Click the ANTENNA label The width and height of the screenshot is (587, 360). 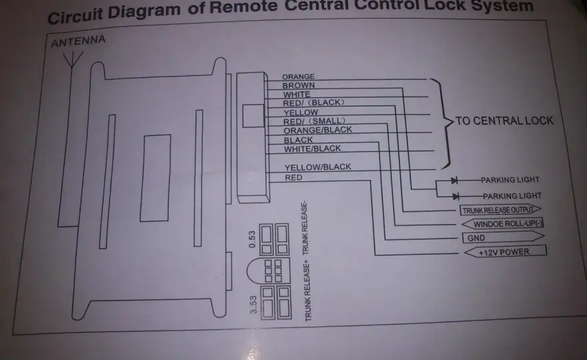coord(78,41)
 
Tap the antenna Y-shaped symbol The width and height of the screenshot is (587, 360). coord(72,60)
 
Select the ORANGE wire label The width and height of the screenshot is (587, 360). coord(298,77)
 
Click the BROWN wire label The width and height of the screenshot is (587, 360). coord(298,85)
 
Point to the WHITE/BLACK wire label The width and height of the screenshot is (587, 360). coord(312,149)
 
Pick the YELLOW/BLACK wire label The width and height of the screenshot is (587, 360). coord(318,167)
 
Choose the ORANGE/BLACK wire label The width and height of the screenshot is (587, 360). coord(318,130)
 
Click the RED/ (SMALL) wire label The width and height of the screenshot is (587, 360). coord(314,121)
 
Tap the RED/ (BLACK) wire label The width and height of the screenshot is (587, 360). coord(314,103)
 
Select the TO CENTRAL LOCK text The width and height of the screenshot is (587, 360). coord(504,121)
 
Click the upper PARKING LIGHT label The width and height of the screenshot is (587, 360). coord(510,180)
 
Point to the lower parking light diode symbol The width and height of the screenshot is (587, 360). coord(456,197)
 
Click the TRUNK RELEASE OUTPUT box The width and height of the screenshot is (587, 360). coord(500,210)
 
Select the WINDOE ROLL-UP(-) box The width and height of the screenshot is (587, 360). coord(502,224)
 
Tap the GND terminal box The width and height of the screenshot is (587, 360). coord(503,237)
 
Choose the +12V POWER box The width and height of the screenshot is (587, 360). coord(505,252)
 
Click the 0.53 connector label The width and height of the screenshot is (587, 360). coord(252,239)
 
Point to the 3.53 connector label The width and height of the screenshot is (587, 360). coord(253,305)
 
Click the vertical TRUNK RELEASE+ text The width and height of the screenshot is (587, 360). coord(308,292)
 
